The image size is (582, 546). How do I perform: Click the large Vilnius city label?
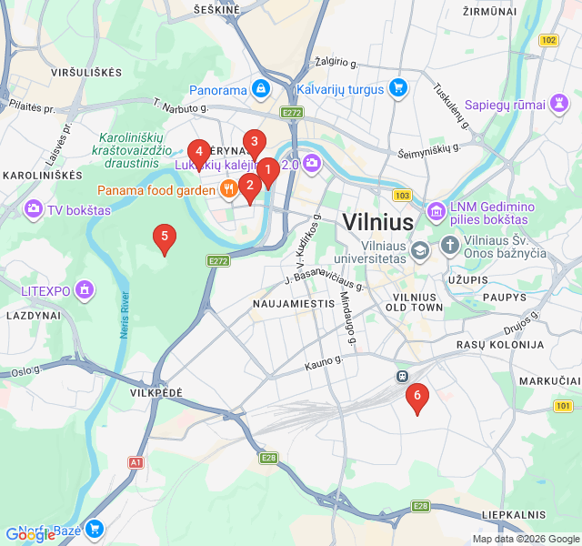(377, 222)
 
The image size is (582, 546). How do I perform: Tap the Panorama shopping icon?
(261, 89)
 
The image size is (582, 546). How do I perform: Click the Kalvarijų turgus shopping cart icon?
(396, 88)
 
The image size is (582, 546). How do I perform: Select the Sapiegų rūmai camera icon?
(557, 105)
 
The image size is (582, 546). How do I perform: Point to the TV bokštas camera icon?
(35, 210)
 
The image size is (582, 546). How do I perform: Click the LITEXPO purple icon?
(85, 291)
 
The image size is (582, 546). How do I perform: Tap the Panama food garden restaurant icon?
(227, 190)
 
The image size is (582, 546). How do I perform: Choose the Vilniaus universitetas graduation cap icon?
(419, 248)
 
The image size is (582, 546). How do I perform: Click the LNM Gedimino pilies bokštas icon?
(436, 211)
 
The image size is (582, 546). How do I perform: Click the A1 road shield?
(135, 462)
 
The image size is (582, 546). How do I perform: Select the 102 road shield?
(548, 40)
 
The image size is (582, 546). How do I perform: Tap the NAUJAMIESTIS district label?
(294, 303)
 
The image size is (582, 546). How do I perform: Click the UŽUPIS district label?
(467, 279)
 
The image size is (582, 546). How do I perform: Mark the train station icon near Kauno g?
(401, 375)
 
